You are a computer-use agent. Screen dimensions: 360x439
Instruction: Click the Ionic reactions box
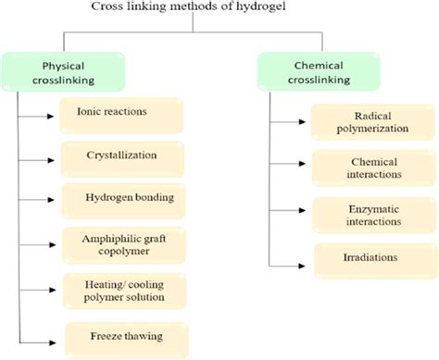(x=123, y=115)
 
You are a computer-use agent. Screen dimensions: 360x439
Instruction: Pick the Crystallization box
(x=123, y=156)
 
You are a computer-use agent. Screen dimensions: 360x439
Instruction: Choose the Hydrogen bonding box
(x=123, y=199)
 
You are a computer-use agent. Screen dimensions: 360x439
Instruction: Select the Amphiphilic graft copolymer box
(x=123, y=247)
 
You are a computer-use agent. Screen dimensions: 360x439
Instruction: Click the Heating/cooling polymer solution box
(x=123, y=292)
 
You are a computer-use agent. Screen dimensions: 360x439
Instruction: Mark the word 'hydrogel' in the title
(x=244, y=9)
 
